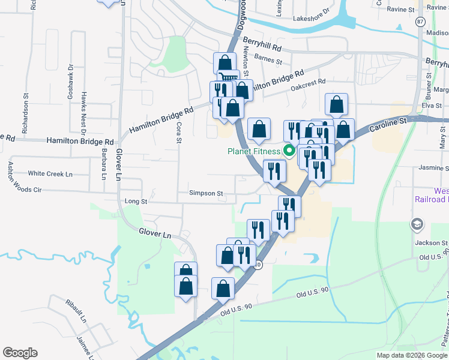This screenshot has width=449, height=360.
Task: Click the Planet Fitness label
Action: point(255,151)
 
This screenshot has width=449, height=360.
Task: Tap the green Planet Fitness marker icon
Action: point(289,151)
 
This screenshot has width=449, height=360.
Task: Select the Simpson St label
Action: point(206,194)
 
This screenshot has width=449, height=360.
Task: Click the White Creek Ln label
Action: point(50,174)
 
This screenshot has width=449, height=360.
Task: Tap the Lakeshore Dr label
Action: point(312,19)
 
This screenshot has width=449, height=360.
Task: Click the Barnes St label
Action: point(268,59)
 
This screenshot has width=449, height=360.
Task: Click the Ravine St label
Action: point(401,10)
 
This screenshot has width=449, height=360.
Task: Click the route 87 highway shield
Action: point(420,22)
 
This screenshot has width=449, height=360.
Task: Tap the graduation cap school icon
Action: point(416,224)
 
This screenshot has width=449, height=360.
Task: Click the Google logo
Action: point(20,353)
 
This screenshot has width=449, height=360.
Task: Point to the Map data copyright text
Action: point(411,355)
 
